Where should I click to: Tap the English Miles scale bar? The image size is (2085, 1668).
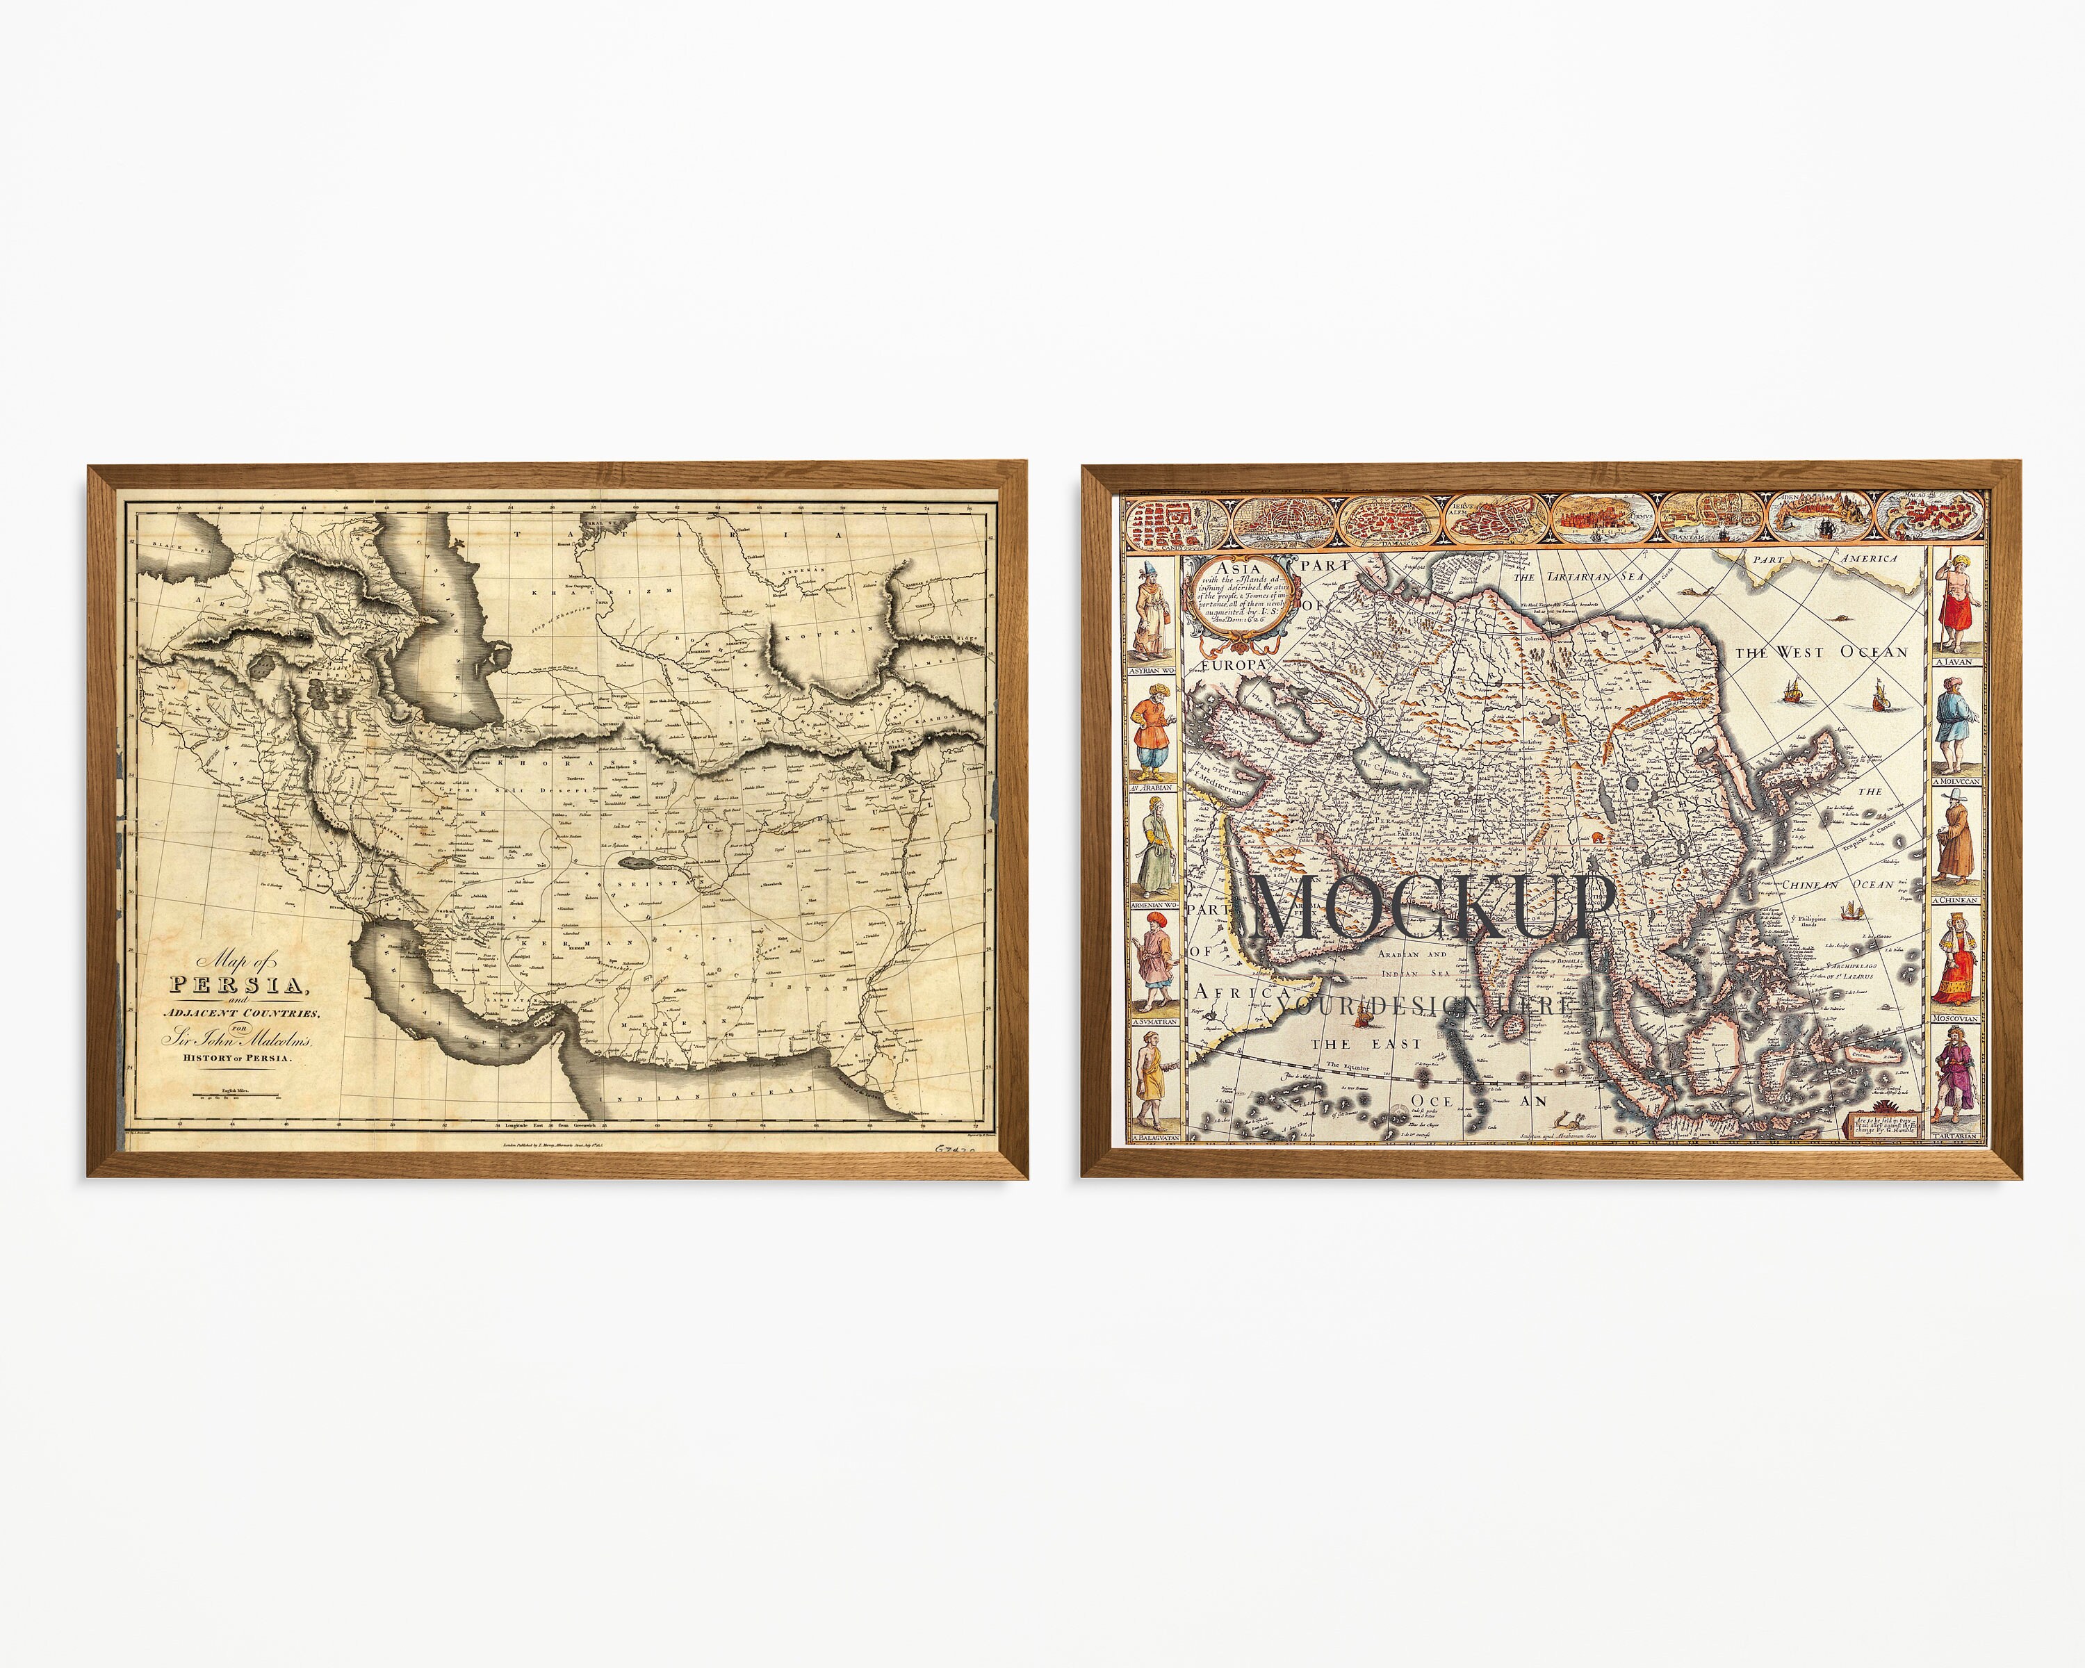(x=236, y=1095)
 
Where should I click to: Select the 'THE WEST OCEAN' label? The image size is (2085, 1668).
(x=1821, y=653)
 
